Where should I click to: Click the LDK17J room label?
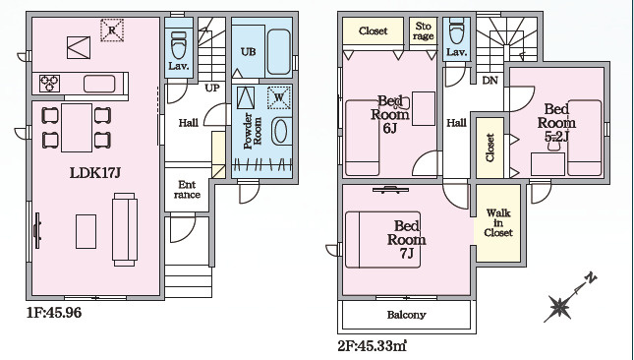click(95, 173)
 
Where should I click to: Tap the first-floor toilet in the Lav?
click(179, 44)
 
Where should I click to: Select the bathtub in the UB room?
click(279, 52)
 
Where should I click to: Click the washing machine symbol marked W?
click(279, 97)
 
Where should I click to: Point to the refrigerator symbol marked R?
click(112, 30)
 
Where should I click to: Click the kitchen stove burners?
click(50, 84)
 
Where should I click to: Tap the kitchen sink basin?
click(99, 85)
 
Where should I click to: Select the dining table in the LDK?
click(77, 128)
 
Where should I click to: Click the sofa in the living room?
click(125, 229)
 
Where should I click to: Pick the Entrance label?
click(187, 190)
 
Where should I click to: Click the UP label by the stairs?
click(212, 88)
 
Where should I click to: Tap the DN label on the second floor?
click(490, 81)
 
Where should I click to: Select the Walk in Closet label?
click(498, 222)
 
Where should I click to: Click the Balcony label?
click(406, 315)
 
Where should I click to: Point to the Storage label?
click(424, 31)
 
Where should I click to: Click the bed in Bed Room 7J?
click(383, 240)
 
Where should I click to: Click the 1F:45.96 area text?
click(54, 313)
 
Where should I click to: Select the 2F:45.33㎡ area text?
click(372, 346)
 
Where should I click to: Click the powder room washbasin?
click(281, 131)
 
